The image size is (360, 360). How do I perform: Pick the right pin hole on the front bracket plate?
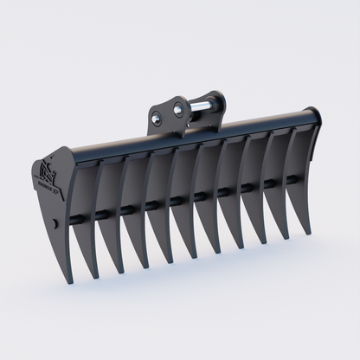click(x=177, y=109)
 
